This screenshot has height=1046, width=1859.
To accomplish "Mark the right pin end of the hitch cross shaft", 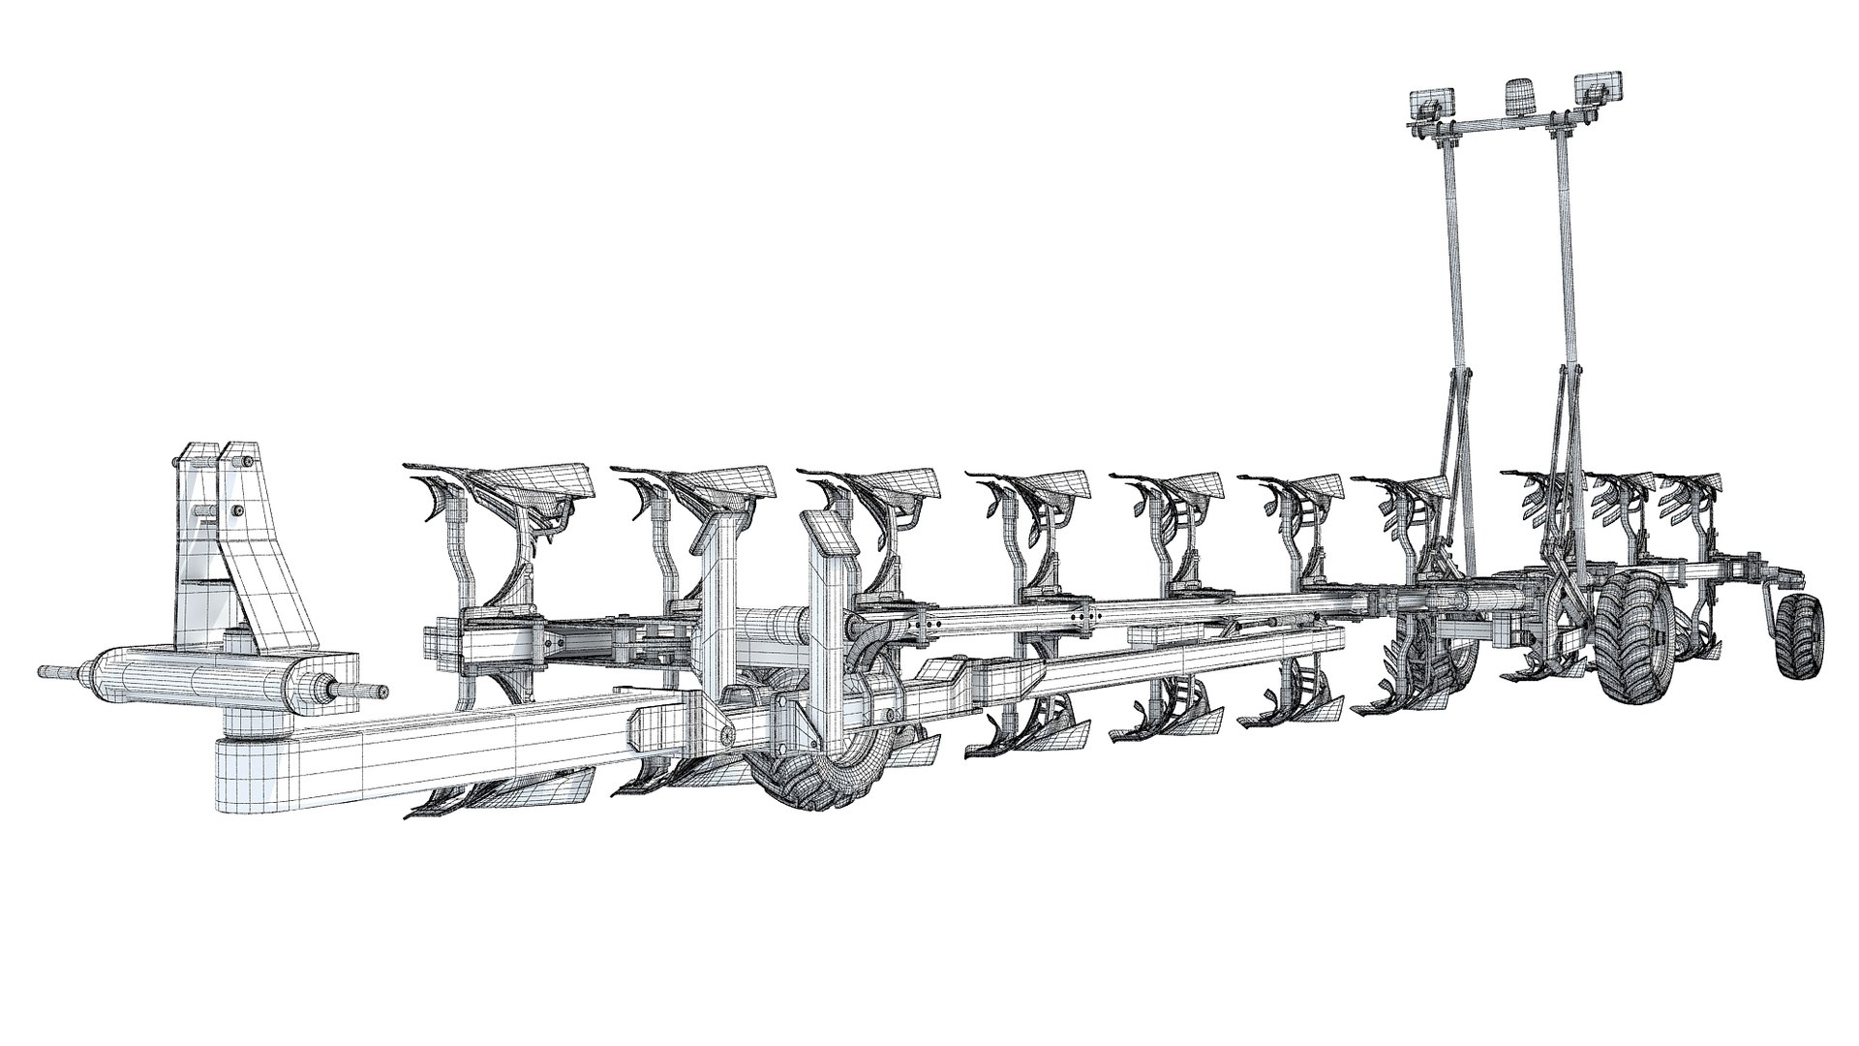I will tap(373, 690).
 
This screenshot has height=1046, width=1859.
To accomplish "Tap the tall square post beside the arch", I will tap(717, 600).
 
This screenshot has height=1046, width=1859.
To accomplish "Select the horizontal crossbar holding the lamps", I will tap(1510, 126).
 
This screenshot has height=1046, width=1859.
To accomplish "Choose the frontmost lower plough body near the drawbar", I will tap(503, 784).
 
